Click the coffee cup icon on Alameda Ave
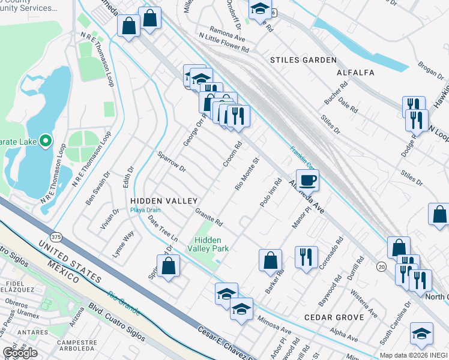[307, 179]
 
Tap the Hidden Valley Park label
[208, 244]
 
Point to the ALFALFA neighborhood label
[355, 73]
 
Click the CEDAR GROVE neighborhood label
[334, 317]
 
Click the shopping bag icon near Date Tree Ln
[170, 266]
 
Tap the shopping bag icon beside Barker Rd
[271, 259]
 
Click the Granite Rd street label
[209, 217]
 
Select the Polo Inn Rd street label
[271, 193]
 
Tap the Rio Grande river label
[124, 303]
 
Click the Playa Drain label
[146, 211]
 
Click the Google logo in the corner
[20, 353]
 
